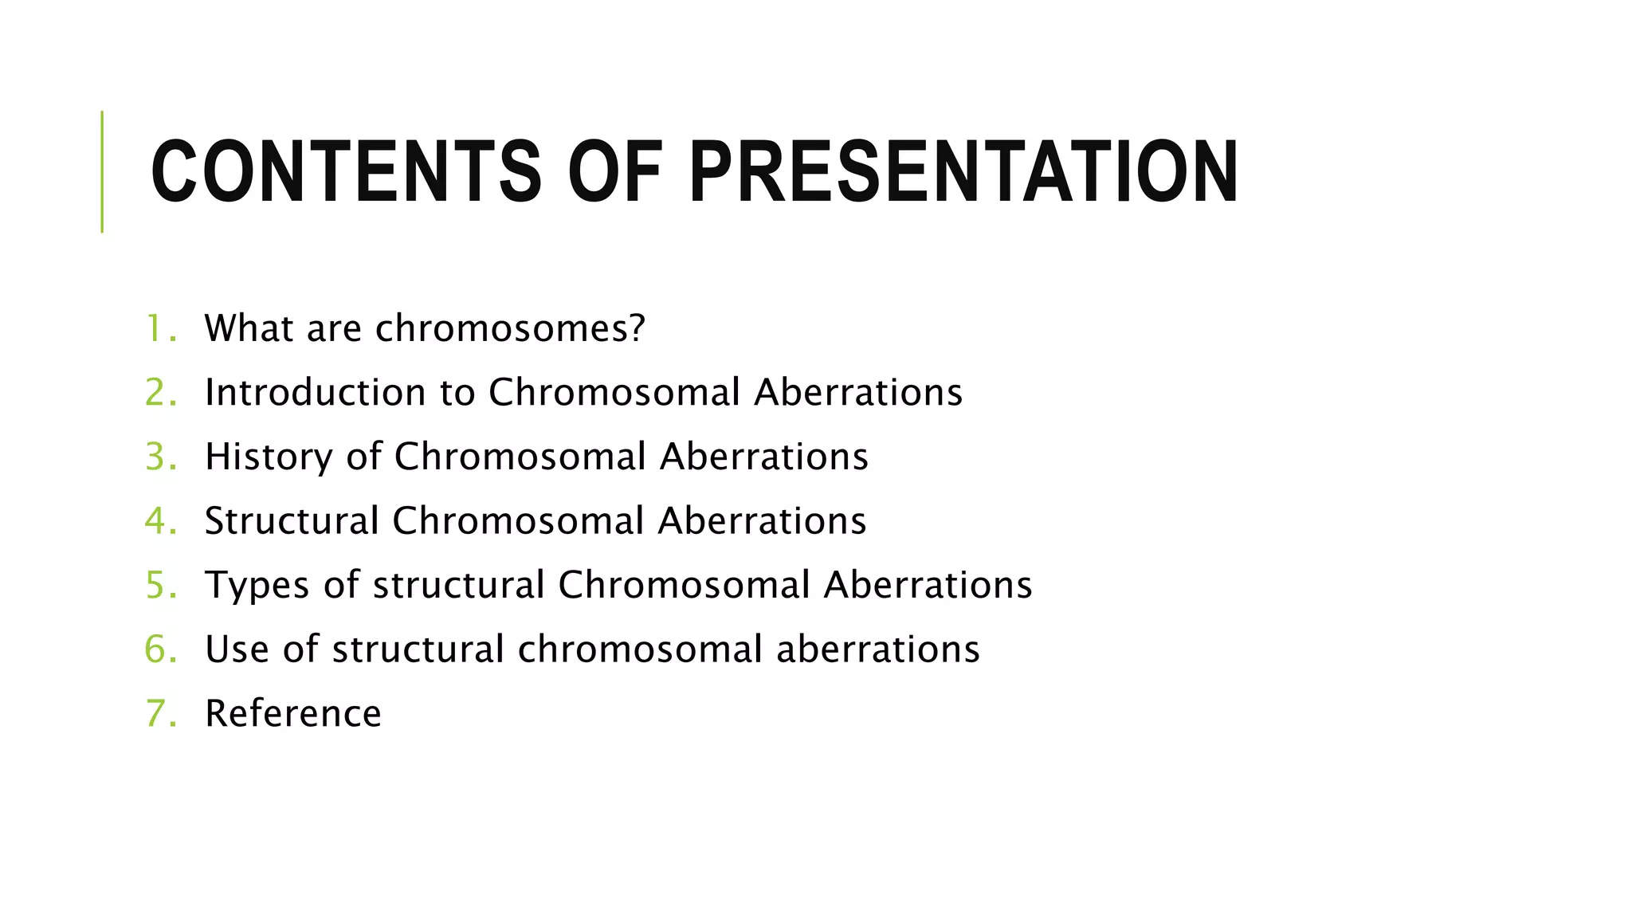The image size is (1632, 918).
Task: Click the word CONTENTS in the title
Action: (x=345, y=172)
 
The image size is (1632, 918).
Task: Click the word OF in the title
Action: (x=614, y=172)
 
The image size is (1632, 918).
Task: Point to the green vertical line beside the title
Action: (x=102, y=172)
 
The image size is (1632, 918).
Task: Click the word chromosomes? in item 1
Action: (x=510, y=328)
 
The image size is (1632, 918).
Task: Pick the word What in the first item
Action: (x=249, y=328)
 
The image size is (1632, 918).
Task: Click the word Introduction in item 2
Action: (x=315, y=393)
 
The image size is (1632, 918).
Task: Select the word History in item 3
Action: (x=268, y=457)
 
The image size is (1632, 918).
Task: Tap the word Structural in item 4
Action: (x=292, y=521)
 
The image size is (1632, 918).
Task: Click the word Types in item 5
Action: (x=257, y=586)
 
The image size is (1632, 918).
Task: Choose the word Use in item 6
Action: (x=237, y=649)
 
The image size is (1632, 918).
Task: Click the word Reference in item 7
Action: (x=292, y=713)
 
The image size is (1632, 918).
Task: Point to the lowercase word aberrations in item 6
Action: (x=877, y=649)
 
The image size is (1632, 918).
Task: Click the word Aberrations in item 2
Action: (x=858, y=393)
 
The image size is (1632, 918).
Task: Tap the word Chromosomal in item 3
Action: (x=520, y=457)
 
